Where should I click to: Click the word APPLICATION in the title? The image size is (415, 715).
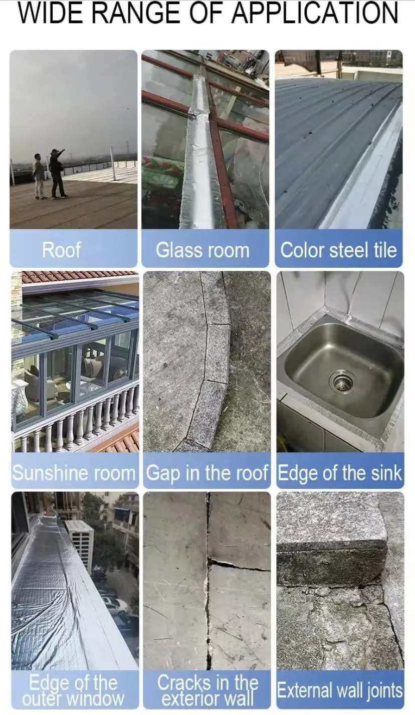(x=315, y=14)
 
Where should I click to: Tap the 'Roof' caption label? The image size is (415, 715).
(x=61, y=250)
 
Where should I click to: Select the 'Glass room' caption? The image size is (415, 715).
(x=202, y=250)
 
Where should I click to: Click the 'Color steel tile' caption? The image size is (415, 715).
(x=338, y=250)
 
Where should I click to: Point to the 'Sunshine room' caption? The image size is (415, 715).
(x=74, y=473)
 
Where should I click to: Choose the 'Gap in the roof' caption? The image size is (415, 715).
(x=207, y=473)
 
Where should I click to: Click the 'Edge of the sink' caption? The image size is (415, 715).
(x=340, y=473)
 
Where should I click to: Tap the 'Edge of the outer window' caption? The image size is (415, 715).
(x=73, y=689)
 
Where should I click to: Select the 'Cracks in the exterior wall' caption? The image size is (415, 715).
(x=207, y=689)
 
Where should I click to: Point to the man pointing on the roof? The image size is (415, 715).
(x=57, y=173)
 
